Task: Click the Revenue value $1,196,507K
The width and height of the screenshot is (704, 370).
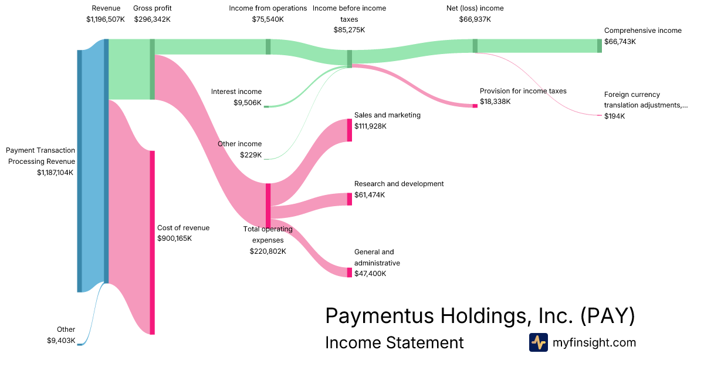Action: pos(106,19)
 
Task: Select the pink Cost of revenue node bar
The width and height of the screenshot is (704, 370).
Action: pos(153,242)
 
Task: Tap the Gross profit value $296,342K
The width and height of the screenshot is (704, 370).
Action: pos(153,19)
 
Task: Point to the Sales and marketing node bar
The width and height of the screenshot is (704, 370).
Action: pos(350,130)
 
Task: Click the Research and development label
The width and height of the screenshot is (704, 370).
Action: pos(399,184)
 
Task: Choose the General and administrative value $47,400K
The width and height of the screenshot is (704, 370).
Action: pos(370,274)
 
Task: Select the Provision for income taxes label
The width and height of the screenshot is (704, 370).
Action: pos(523,91)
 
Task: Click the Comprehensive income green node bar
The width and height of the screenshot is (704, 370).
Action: pos(600,46)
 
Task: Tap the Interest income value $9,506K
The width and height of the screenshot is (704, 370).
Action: pos(248,102)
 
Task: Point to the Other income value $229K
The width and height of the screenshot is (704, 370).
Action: pos(251,154)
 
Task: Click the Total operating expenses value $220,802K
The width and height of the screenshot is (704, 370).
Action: pos(268,251)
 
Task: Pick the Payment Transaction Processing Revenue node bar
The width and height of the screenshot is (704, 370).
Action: pos(79,170)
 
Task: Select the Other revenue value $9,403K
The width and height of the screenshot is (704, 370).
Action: pos(61,340)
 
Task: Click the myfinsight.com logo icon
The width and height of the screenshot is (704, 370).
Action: pos(538,342)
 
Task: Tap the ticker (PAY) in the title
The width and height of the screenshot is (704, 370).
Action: pos(607,316)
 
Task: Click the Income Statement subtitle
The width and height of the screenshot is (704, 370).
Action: pos(394,342)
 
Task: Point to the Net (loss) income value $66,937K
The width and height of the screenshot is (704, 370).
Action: pos(475,19)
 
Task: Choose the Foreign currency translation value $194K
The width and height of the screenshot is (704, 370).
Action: pos(615,116)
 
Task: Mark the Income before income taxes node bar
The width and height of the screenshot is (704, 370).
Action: pos(350,59)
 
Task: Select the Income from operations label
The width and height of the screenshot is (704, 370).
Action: pos(268,8)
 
